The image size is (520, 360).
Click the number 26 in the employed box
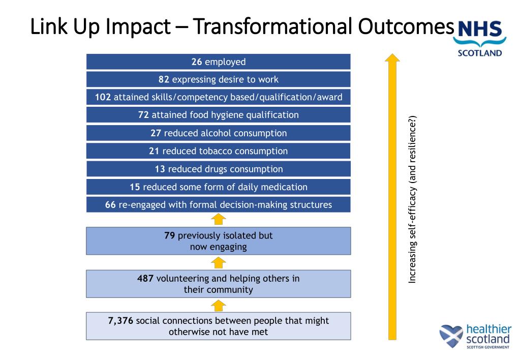(x=196, y=62)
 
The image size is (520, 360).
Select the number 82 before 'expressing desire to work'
(x=164, y=79)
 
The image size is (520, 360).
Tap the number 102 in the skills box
(x=103, y=97)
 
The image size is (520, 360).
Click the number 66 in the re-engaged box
(x=110, y=205)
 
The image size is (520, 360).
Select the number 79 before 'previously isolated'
(x=169, y=235)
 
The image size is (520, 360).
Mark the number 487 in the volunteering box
(x=145, y=278)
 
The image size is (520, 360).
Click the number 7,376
(x=120, y=321)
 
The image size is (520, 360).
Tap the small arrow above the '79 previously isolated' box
(x=218, y=219)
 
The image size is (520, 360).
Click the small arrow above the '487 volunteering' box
(x=218, y=263)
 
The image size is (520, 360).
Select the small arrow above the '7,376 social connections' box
(x=218, y=306)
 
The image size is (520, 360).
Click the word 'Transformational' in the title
(x=272, y=26)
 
